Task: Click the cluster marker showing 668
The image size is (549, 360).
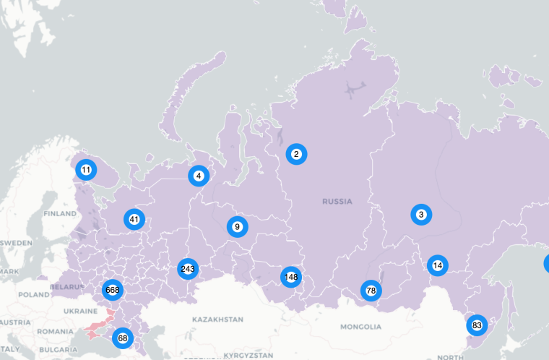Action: (x=112, y=290)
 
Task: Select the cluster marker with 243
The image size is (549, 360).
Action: (x=188, y=269)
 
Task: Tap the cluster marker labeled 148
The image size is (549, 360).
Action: (x=291, y=276)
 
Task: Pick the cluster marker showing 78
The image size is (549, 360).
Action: (x=371, y=291)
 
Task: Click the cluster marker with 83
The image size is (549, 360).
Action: (x=477, y=325)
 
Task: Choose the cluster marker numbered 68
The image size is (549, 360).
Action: (x=123, y=338)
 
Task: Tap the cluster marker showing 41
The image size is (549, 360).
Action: (x=134, y=218)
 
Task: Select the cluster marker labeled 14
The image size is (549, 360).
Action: (x=437, y=265)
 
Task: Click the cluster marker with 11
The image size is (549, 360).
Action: (x=86, y=170)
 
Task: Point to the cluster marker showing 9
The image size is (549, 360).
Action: (x=237, y=227)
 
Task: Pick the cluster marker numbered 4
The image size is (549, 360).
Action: (x=199, y=176)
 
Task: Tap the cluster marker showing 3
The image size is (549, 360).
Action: (x=421, y=214)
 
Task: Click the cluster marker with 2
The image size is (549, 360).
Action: (x=296, y=153)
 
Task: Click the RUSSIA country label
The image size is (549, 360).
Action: (x=337, y=202)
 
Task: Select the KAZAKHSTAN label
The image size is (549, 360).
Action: (x=218, y=319)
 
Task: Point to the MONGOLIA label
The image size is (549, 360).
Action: (x=359, y=327)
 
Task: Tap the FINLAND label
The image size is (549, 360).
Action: (x=59, y=214)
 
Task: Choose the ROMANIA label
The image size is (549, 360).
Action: (x=56, y=331)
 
